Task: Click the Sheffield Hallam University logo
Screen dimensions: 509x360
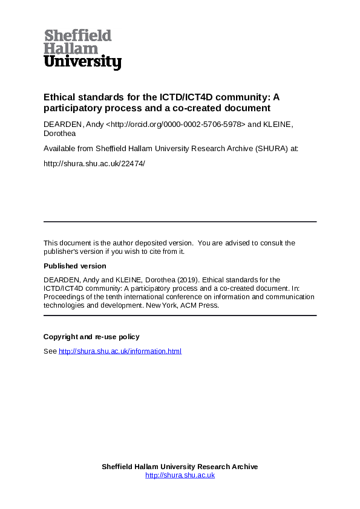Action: [82, 50]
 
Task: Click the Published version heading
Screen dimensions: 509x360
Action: [74, 266]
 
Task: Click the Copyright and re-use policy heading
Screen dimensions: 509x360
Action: [91, 337]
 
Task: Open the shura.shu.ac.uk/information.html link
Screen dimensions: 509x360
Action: [120, 351]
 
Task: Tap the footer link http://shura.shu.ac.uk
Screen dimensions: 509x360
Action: [180, 476]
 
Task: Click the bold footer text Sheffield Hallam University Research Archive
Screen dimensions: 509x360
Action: [180, 467]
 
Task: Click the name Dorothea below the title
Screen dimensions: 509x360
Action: [59, 133]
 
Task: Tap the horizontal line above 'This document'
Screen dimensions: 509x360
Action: [180, 222]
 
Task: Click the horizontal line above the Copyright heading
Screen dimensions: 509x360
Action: [180, 316]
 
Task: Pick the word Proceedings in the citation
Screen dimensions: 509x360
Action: [64, 297]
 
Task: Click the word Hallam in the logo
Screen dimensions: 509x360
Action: [71, 48]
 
